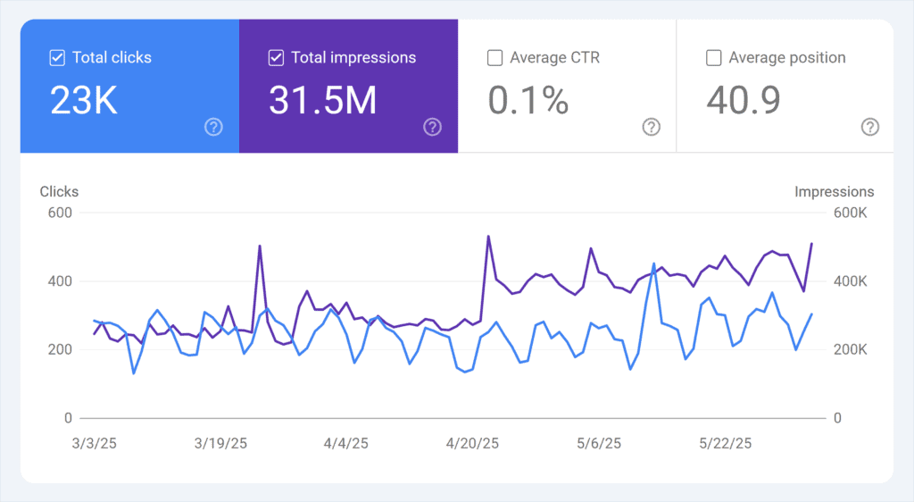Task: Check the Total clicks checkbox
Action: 57,58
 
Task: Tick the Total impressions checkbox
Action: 276,58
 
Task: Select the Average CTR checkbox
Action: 494,58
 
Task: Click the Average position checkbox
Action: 713,58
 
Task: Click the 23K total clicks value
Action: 84,101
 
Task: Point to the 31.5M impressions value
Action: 322,101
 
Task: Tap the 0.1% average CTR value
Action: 528,101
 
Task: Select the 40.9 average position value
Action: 744,101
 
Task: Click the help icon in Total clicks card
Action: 213,127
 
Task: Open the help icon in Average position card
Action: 869,127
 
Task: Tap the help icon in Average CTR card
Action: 651,127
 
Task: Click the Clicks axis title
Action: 59,191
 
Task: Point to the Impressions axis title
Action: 835,191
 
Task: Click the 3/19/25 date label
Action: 220,443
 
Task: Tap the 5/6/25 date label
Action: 600,443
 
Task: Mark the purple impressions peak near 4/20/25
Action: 488,237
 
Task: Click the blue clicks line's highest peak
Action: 653,264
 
